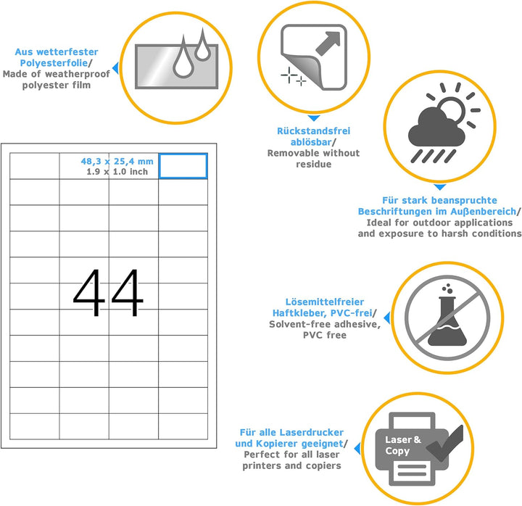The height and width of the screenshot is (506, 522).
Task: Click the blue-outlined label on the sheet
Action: [183, 166]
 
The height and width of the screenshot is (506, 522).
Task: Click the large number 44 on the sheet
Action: [108, 293]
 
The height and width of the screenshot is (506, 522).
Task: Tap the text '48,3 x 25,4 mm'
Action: [117, 162]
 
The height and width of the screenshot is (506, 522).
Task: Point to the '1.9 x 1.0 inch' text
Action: [117, 172]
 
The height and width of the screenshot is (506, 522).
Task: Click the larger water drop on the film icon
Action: [183, 60]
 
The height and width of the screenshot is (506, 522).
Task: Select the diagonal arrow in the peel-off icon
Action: [328, 43]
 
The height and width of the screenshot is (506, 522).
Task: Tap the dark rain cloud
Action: [436, 128]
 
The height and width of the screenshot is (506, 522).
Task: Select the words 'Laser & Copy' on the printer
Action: [403, 445]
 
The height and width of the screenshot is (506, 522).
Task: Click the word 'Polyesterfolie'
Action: [54, 63]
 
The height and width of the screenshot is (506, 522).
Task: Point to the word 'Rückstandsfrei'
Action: [314, 130]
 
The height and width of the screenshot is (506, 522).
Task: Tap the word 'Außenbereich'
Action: [483, 212]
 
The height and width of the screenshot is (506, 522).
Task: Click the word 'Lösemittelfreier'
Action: [325, 302]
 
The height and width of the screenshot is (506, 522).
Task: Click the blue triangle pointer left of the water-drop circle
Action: [115, 68]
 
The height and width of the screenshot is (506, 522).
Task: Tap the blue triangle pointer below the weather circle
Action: [440, 187]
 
